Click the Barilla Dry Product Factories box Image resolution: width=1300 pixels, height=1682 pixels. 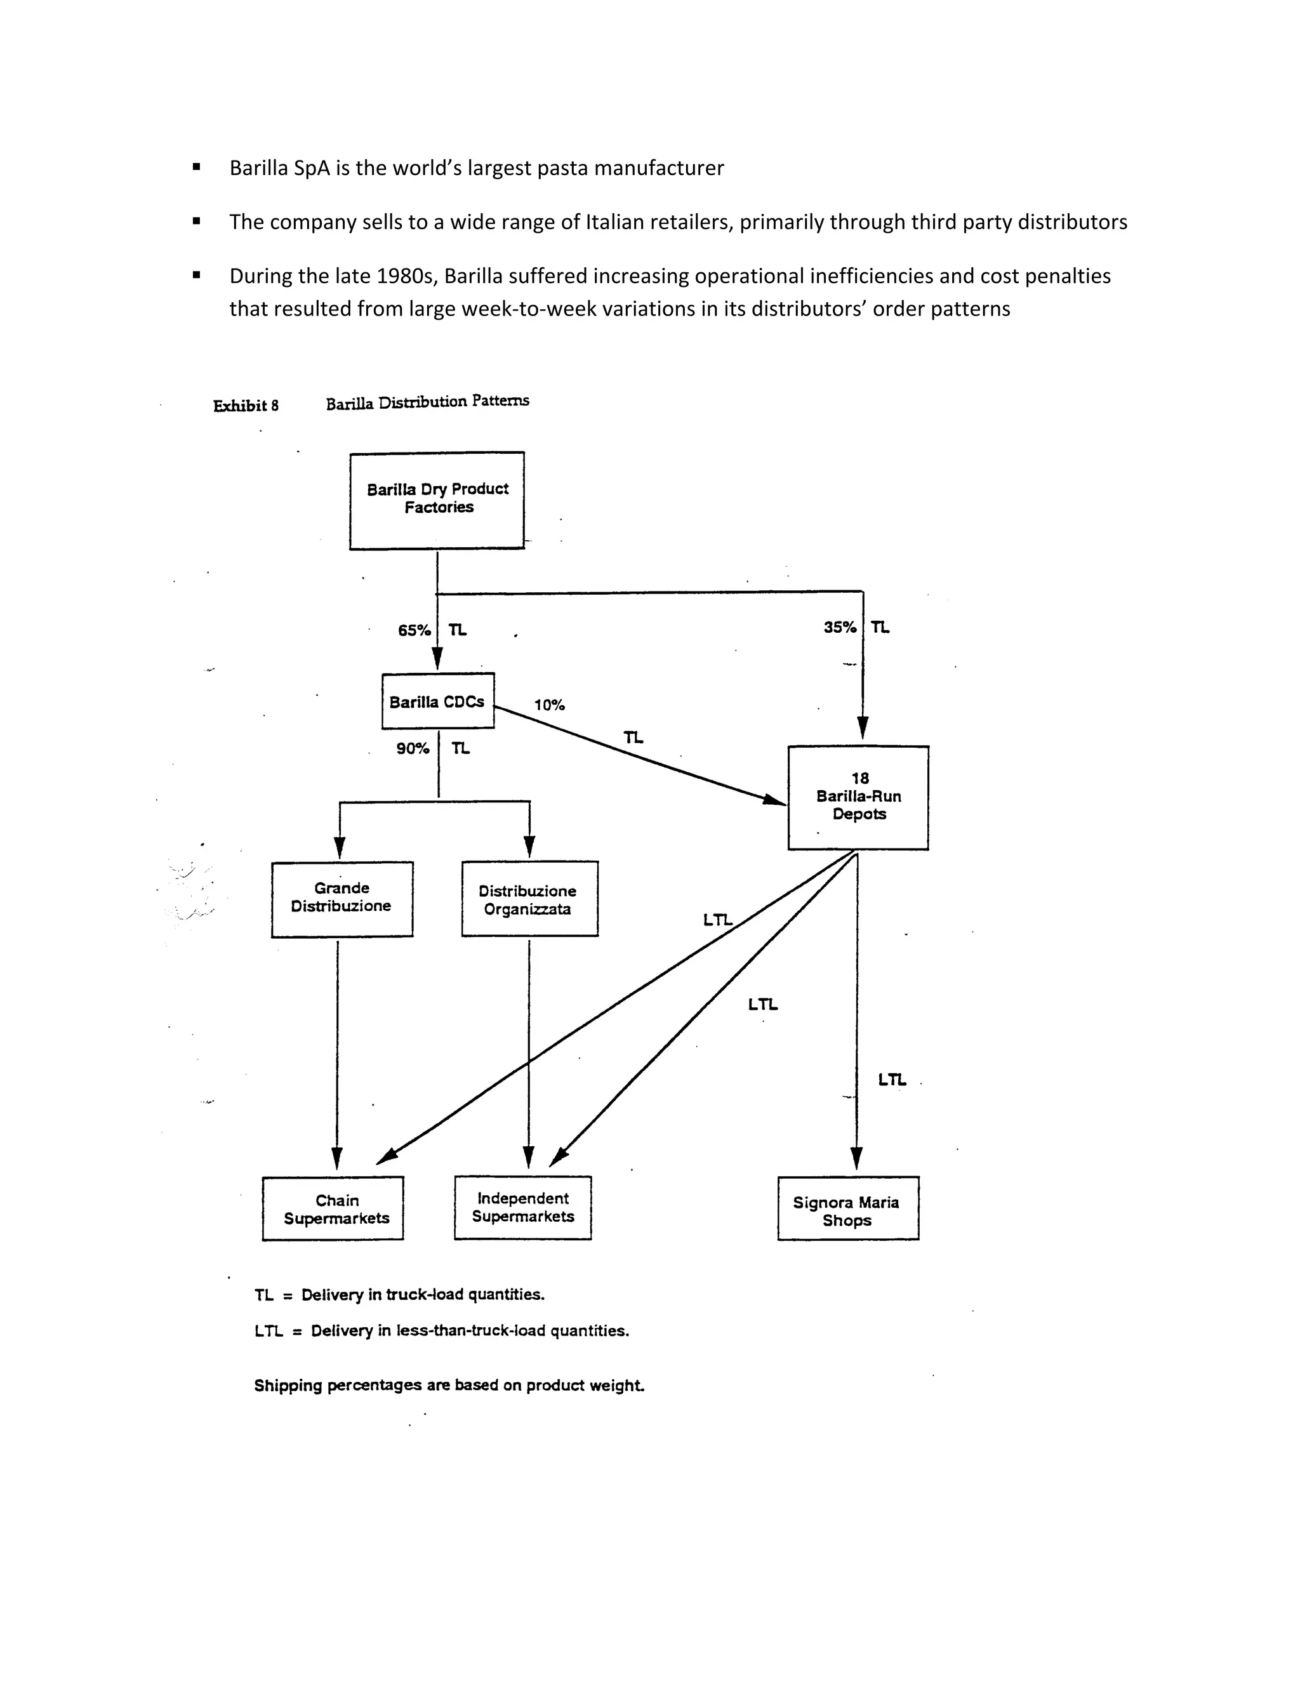(437, 500)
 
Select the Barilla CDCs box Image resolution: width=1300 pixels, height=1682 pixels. (437, 701)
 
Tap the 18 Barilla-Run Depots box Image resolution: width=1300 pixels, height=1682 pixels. (858, 797)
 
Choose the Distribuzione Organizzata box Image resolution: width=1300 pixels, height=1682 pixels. (529, 899)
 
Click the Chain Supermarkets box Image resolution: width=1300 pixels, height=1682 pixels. (333, 1209)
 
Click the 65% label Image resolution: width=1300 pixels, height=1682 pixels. (414, 631)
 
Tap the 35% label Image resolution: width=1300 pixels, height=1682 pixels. (839, 628)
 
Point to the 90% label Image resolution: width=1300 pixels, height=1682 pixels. (413, 748)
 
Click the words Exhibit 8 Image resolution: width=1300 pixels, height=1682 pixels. (246, 406)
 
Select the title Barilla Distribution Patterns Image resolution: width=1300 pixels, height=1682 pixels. (427, 402)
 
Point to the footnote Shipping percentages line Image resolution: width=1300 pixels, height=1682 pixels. (449, 1386)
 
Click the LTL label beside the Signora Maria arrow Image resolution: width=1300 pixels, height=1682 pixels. (892, 1080)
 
